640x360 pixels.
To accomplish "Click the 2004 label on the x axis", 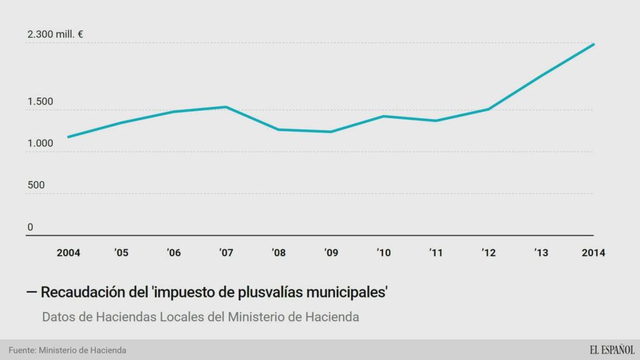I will click(x=68, y=253).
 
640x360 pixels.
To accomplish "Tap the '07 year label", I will click(x=226, y=253).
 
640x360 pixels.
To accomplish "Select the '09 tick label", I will click(x=331, y=253).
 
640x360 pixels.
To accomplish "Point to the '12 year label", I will click(x=489, y=253).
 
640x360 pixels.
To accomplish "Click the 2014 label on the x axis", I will click(x=593, y=253).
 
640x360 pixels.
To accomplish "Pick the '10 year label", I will click(x=384, y=253).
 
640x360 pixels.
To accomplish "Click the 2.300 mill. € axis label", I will click(x=55, y=35).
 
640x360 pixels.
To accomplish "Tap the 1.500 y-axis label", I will click(x=40, y=102).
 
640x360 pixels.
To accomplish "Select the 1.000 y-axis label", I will click(x=40, y=144).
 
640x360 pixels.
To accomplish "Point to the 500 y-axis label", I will click(x=36, y=186).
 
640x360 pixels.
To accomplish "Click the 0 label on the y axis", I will click(x=30, y=227).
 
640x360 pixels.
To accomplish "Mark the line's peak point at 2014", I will click(x=593, y=44).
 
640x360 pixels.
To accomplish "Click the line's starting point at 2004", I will click(x=68, y=137).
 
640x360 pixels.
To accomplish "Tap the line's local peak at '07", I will click(x=226, y=107).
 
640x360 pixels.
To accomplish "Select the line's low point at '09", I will click(x=331, y=132).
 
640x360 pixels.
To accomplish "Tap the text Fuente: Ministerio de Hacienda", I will click(x=67, y=350).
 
